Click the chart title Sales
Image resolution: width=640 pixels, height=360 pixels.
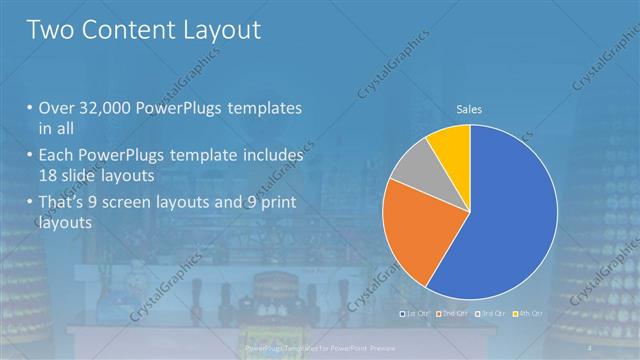point(469,109)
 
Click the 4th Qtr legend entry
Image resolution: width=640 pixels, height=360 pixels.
point(529,314)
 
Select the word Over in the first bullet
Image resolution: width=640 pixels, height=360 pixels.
point(58,107)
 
